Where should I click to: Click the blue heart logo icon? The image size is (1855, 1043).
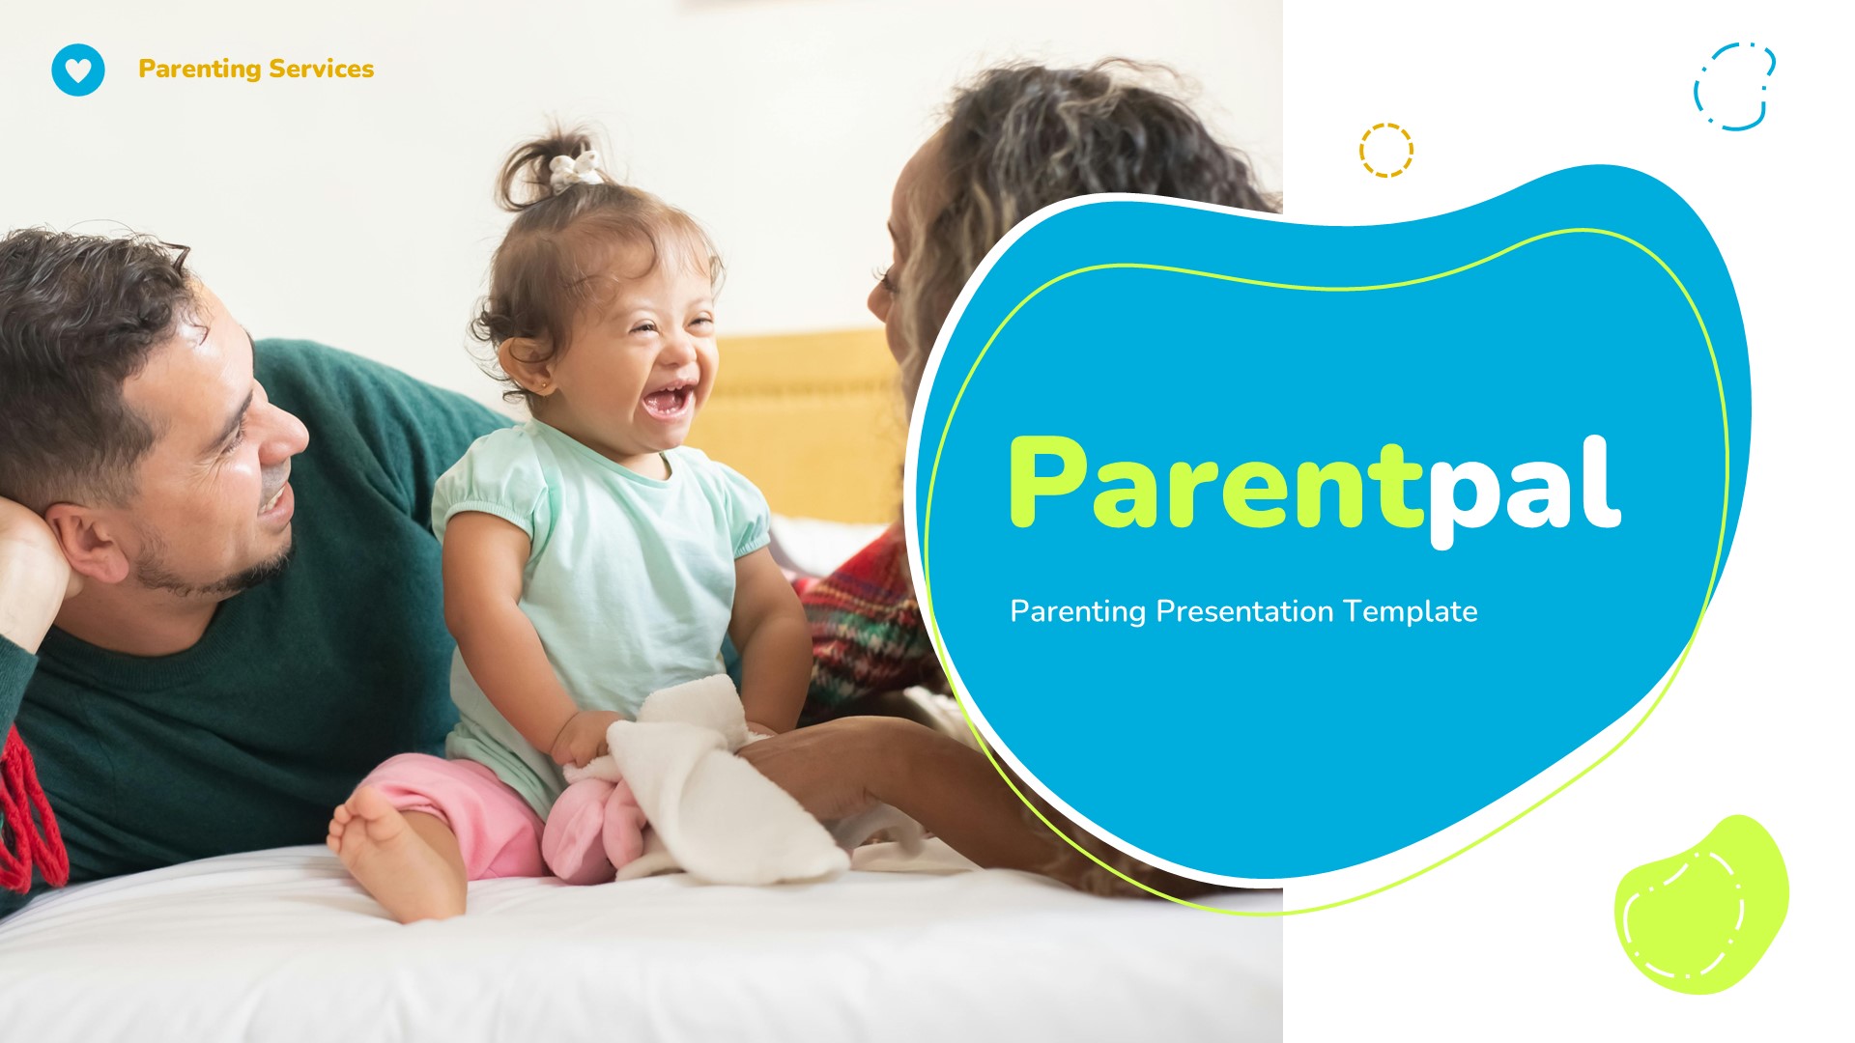pos(78,70)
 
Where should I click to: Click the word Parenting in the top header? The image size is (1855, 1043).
pos(199,70)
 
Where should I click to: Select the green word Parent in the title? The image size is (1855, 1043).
pos(1213,483)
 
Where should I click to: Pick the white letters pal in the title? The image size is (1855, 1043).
pos(1524,488)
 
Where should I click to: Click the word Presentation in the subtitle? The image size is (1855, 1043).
pos(1244,611)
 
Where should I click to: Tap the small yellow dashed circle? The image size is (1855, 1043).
pos(1385,150)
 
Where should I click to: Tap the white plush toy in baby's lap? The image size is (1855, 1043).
pos(715,782)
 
